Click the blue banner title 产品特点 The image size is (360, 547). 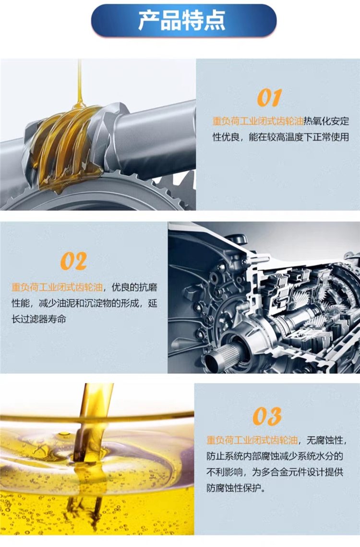pos(182,21)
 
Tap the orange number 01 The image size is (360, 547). pos(269,97)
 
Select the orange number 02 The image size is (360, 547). pos(73,261)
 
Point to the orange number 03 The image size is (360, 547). pos(267,416)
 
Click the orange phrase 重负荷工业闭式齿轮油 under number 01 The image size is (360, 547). pos(258,121)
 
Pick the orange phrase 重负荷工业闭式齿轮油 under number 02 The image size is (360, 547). pos(57,287)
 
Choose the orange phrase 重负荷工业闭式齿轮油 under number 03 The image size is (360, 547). pos(252,440)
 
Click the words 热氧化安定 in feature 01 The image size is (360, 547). pos(326,121)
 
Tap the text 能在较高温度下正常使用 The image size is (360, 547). pos(299,137)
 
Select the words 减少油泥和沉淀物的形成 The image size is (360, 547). pos(89,303)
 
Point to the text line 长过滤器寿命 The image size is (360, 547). pos(39,319)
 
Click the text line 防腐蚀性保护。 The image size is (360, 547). pos(236,488)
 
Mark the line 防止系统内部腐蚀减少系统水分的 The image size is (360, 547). pos(275,456)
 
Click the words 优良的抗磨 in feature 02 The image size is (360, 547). pos(135,287)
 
